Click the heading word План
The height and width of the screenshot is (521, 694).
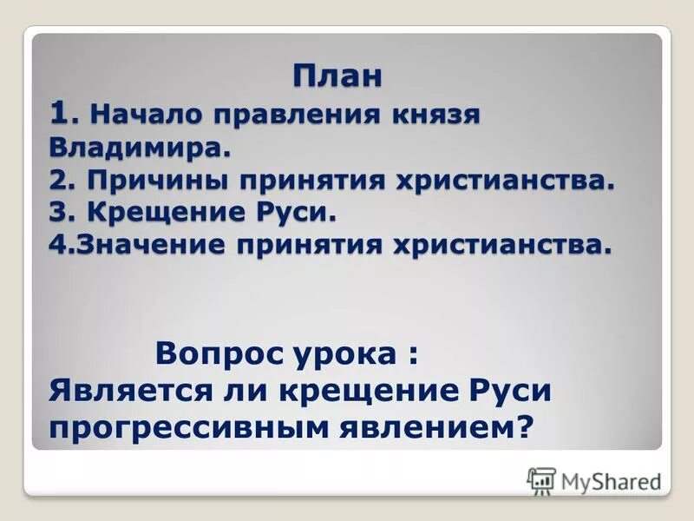click(338, 76)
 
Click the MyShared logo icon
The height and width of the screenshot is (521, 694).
click(540, 480)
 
